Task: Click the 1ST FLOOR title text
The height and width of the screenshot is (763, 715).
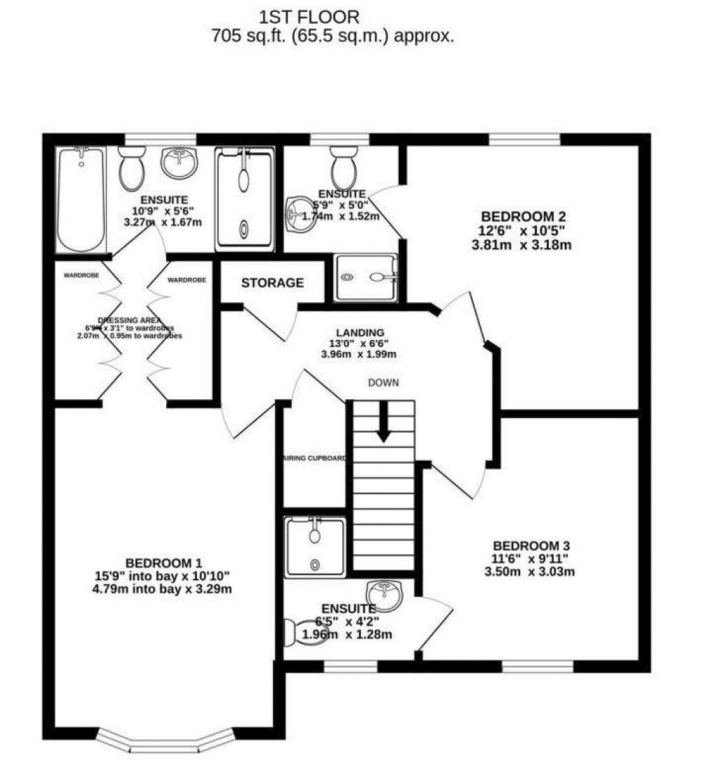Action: (x=309, y=17)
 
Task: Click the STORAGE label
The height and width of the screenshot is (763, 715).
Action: (x=272, y=283)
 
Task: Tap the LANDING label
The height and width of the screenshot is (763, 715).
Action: (x=359, y=332)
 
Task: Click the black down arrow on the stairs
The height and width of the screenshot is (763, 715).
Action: (x=383, y=422)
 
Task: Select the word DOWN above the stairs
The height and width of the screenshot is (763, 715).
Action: (x=383, y=383)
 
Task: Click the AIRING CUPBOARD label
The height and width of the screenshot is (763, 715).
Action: (x=314, y=459)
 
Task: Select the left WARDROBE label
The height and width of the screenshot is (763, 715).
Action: (x=81, y=276)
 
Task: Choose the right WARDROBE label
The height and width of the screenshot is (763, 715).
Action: (x=186, y=280)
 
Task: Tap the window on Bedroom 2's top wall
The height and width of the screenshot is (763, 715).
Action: (x=524, y=140)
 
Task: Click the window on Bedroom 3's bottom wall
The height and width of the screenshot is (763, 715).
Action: (x=537, y=667)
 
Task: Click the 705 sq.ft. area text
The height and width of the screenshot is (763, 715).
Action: (x=332, y=36)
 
